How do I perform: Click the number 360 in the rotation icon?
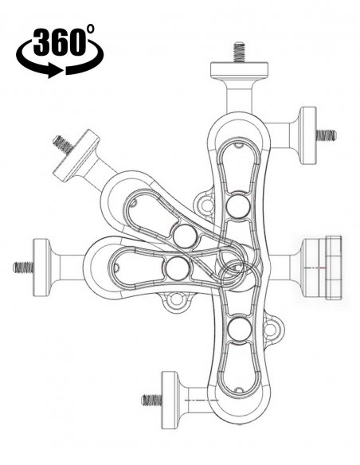coord(57,42)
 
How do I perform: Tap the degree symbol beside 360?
coord(91,29)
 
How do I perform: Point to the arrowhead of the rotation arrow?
coord(56,71)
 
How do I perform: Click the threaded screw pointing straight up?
coord(239,52)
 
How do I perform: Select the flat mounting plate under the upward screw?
coord(239,68)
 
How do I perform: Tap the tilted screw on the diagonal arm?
coord(63,144)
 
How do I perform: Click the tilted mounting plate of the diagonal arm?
coord(76,155)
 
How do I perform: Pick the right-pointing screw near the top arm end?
coord(326,135)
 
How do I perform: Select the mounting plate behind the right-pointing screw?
coord(308,135)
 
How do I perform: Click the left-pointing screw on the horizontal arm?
coord(23,268)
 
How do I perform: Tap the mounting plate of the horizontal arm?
coord(41,268)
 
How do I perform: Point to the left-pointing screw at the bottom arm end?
coord(152,400)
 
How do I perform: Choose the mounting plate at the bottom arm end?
coord(170,400)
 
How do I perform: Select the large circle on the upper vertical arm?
coord(238,205)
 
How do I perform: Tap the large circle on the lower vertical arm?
coord(241,329)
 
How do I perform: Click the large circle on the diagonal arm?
coord(185,236)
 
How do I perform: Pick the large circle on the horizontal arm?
coord(178,268)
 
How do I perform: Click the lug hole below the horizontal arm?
coord(177,299)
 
